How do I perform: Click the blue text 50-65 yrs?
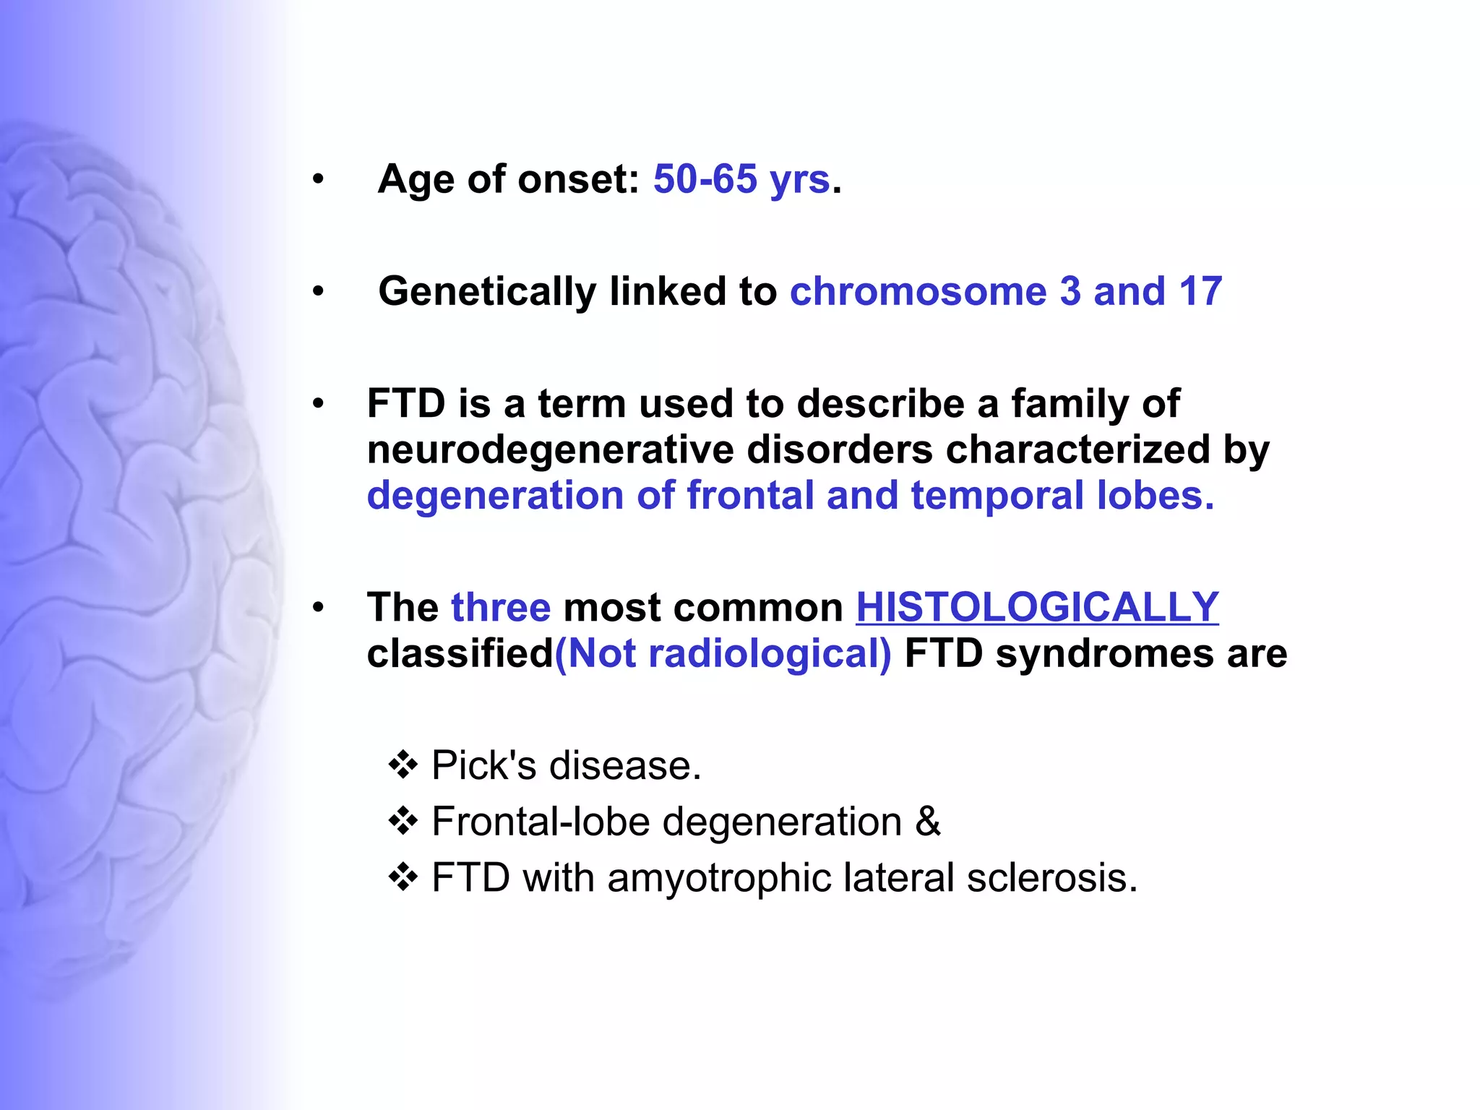point(741,179)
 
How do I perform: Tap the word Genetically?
point(487,292)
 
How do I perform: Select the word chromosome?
point(918,292)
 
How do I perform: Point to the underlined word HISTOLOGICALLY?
point(1037,607)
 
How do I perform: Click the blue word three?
point(501,607)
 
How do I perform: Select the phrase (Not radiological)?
point(723,654)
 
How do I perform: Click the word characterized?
point(1077,450)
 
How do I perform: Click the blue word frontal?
point(749,496)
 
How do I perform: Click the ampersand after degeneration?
point(928,822)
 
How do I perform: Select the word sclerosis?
point(1051,879)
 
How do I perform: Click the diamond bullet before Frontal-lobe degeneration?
point(403,822)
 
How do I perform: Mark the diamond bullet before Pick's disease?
point(403,765)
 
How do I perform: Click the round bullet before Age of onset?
point(318,179)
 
